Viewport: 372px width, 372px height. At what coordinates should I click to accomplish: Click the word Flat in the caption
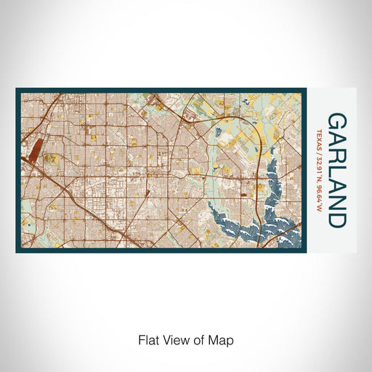click(147, 339)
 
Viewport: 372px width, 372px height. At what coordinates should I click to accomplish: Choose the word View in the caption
click(173, 339)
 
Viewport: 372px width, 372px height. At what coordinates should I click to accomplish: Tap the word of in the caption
click(196, 339)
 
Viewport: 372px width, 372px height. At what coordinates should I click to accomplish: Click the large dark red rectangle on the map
click(36, 148)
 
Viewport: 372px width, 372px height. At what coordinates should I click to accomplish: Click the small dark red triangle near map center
click(147, 193)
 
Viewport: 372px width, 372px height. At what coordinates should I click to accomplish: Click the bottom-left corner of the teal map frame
click(17, 251)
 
